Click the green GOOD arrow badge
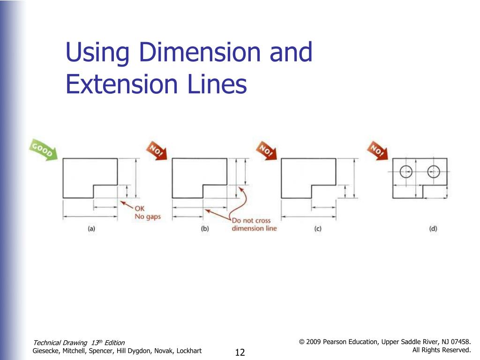(x=44, y=150)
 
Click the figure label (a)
(x=92, y=229)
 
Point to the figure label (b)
(x=205, y=229)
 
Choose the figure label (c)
(x=317, y=229)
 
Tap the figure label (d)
(x=433, y=229)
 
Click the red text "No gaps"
(x=148, y=217)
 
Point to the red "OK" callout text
(x=140, y=209)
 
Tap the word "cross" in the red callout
(x=262, y=220)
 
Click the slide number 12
(x=240, y=352)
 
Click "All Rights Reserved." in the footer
(x=441, y=350)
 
